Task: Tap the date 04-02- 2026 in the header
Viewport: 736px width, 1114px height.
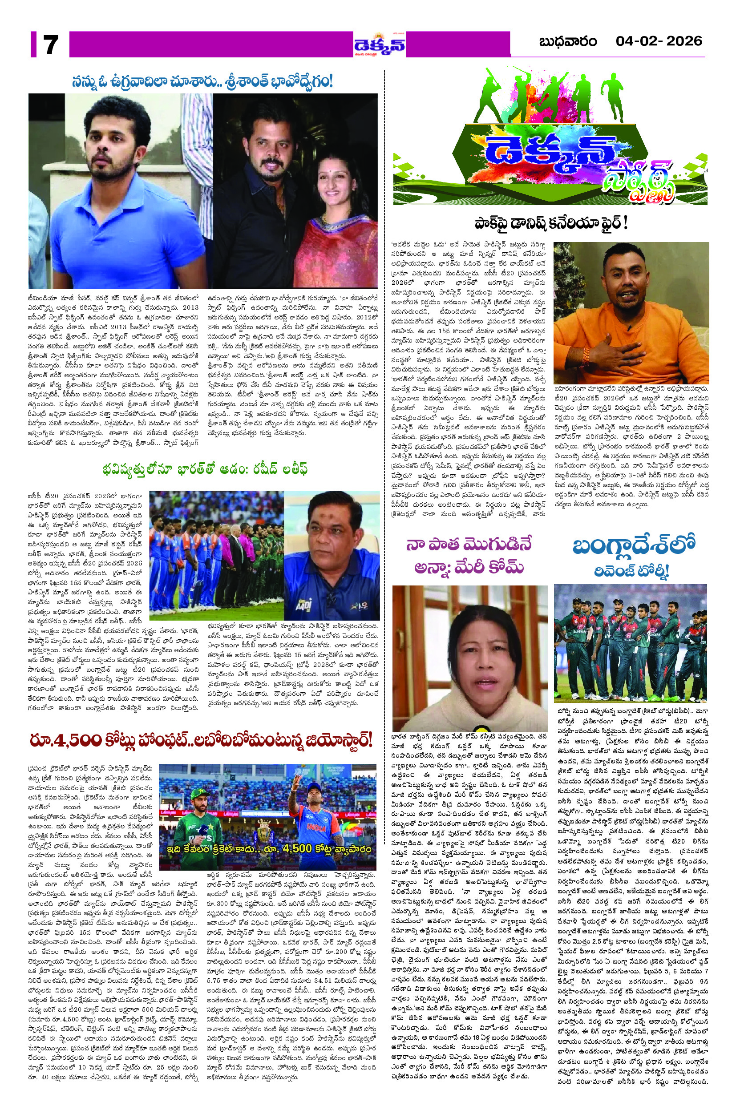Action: (x=659, y=41)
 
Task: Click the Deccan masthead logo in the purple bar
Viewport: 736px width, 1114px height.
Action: (x=380, y=45)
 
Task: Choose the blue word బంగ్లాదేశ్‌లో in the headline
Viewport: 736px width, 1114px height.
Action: (x=633, y=546)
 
